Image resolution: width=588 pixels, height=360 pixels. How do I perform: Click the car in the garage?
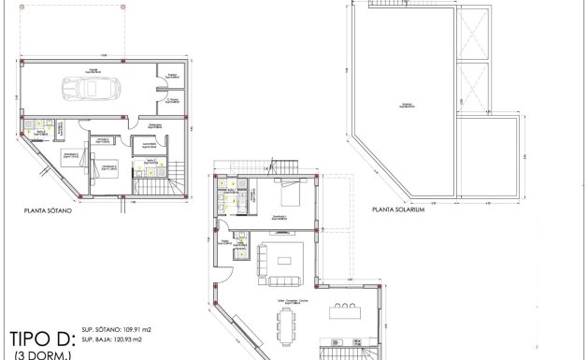click(84, 89)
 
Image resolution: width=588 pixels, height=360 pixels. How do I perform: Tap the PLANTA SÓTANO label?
click(50, 212)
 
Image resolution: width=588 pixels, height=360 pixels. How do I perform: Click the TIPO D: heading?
click(42, 338)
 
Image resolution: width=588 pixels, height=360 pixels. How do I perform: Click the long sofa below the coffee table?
click(286, 279)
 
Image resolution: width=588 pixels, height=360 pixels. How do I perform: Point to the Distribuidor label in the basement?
click(156, 124)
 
